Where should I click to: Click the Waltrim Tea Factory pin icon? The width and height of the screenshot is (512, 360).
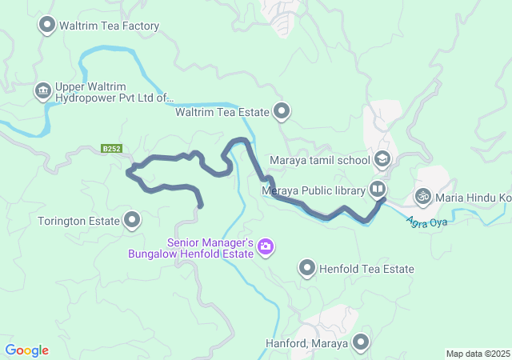coord(47,26)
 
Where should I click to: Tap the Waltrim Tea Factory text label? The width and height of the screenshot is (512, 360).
coord(109,26)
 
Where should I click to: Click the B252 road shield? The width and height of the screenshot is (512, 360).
coord(111,149)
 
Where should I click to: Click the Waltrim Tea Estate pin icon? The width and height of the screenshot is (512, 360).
coord(282,112)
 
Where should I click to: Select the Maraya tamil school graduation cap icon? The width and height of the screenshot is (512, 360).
coord(382,159)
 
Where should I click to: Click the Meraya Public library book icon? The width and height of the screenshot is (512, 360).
coord(377,190)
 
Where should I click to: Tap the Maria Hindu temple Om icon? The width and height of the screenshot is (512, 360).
coord(422,195)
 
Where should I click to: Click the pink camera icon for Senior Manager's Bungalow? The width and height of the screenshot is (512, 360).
coord(266,248)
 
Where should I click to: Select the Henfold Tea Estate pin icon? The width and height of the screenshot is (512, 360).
coord(307,269)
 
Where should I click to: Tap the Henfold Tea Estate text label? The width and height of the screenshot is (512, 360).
coord(366,269)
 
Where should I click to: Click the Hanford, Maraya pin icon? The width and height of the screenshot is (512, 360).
coord(361,344)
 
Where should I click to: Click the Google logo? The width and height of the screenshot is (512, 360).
coord(26,350)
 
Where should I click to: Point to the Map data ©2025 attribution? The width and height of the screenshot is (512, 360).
coord(477,354)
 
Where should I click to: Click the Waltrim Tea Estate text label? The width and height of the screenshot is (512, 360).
coord(222,113)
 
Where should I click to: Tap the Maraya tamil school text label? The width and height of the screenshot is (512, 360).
coord(319,160)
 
